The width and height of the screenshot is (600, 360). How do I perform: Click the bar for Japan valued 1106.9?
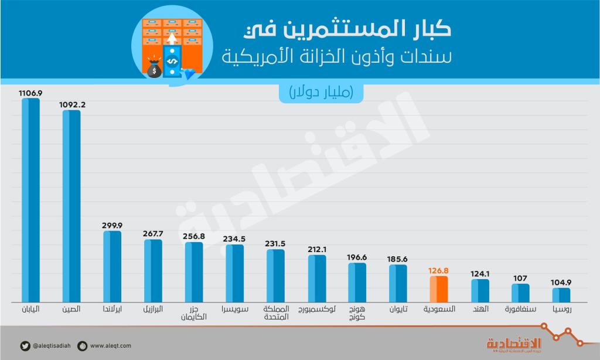pyautogui.click(x=30, y=199)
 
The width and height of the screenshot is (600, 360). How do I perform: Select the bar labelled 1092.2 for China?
pyautogui.click(x=71, y=205)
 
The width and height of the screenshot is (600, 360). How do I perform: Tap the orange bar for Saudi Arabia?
pyautogui.click(x=438, y=288)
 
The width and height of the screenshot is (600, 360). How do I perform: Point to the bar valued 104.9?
pyautogui.click(x=561, y=294)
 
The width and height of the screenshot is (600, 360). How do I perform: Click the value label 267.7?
pyautogui.click(x=153, y=233)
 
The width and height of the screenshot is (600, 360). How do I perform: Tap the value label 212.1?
pyautogui.click(x=317, y=249)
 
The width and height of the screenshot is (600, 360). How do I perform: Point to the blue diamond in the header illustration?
pyautogui.click(x=190, y=73)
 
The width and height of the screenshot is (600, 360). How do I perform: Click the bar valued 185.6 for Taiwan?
pyautogui.click(x=398, y=283)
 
